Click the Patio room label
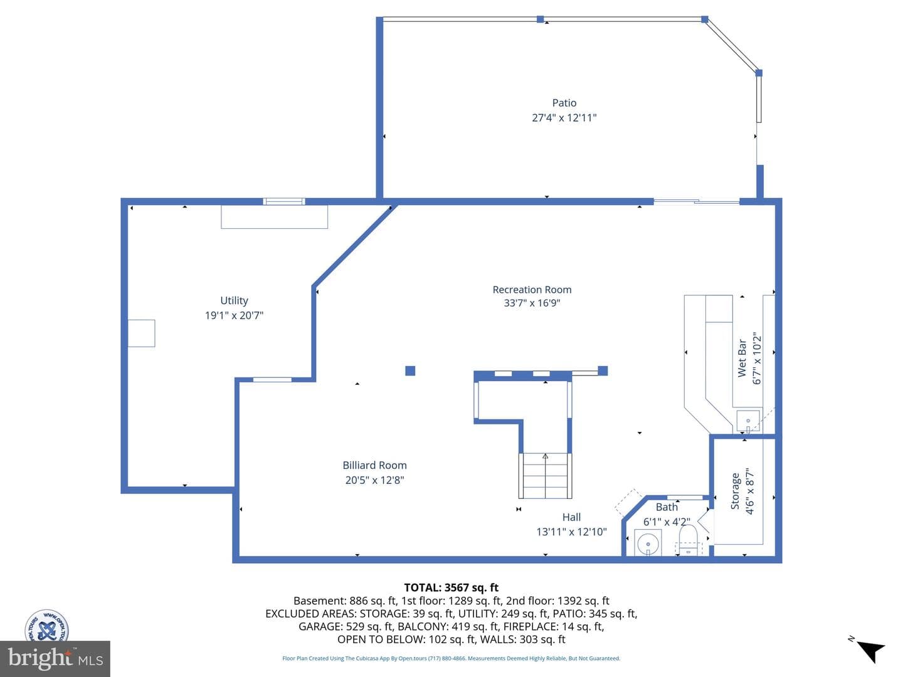click(564, 103)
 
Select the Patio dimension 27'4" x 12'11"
click(564, 118)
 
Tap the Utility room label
click(234, 300)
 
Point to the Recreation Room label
click(532, 290)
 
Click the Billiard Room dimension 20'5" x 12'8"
click(374, 480)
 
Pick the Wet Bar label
click(742, 357)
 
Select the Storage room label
click(735, 491)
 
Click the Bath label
click(667, 507)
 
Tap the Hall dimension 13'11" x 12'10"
click(571, 532)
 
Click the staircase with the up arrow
click(545, 476)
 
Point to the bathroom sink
click(648, 543)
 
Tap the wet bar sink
click(748, 421)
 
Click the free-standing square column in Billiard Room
click(410, 370)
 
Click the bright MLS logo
click(55, 658)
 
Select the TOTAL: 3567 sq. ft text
click(451, 587)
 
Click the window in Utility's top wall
click(284, 201)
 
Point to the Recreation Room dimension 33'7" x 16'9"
click(532, 303)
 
